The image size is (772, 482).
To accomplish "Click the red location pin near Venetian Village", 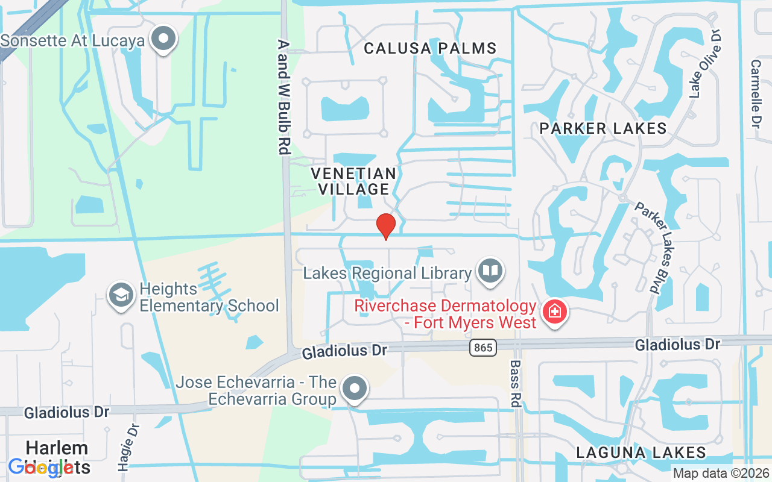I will [x=386, y=226].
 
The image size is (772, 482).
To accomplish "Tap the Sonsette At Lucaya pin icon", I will [x=163, y=39].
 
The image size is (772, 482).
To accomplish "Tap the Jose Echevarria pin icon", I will [x=355, y=388].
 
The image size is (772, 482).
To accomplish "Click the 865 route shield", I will [x=482, y=347].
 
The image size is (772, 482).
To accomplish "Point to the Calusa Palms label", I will [x=430, y=48].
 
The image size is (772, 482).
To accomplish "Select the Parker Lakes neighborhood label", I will [x=603, y=128].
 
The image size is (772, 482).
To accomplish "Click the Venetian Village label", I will [x=354, y=181].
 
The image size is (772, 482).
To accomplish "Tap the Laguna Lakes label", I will [x=641, y=452].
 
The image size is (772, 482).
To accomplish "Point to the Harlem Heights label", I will [x=57, y=457].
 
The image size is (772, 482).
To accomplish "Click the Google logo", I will [x=40, y=467].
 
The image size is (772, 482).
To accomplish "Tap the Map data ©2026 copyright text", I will [x=720, y=474].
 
